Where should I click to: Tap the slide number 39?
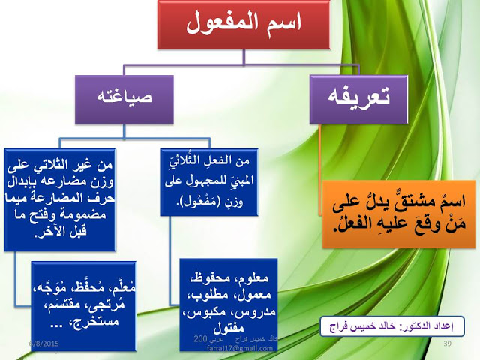pyautogui.click(x=447, y=343)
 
